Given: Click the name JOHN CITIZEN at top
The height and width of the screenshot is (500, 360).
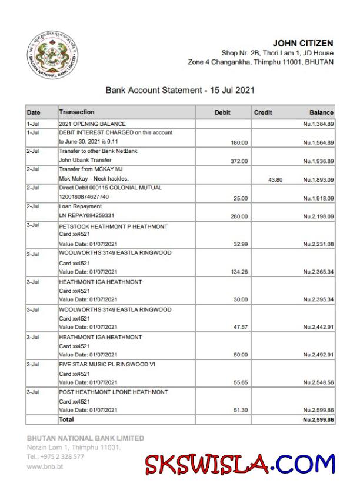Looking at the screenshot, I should tap(303, 43).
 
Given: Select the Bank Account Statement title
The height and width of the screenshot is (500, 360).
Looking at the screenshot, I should tap(179, 91).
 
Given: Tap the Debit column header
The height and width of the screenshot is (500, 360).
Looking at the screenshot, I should tap(222, 112).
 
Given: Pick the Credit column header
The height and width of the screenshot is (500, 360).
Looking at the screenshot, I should tap(263, 112).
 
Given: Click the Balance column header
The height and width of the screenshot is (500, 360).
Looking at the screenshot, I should tap(321, 112).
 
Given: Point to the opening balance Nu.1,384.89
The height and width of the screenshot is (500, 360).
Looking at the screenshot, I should tap(318, 124).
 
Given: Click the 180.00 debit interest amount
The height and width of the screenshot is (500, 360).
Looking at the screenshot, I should tap(239, 142).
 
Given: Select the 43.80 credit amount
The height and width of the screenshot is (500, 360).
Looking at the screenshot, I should tap(275, 179).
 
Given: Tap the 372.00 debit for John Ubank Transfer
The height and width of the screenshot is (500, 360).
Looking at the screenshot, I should tap(239, 161).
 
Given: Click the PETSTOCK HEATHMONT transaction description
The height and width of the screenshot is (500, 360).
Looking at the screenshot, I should tap(113, 226).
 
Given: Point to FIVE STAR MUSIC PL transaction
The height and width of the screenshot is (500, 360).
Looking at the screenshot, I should tap(106, 365).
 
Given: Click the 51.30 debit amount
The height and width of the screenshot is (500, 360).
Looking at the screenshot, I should tap(239, 410).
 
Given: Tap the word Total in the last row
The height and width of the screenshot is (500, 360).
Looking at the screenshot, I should tap(66, 419).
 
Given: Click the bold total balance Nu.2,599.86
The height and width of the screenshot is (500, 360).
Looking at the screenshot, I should tap(318, 419).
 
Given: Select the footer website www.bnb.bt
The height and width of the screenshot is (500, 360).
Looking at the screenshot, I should tap(45, 466).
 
